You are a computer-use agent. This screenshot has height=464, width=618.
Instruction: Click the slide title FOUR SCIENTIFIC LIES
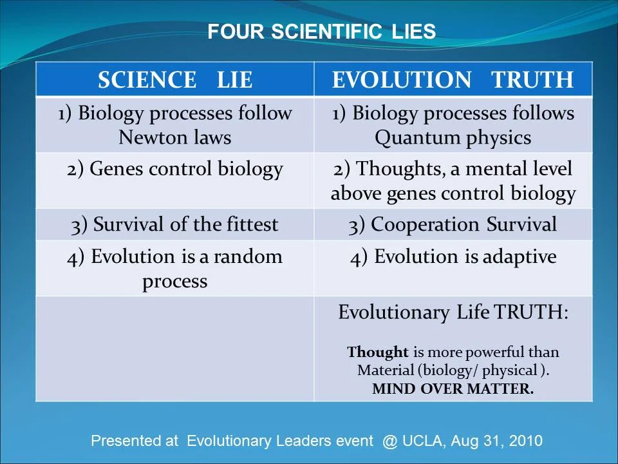(x=321, y=32)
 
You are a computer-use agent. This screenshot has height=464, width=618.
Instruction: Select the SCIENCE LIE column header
(x=174, y=80)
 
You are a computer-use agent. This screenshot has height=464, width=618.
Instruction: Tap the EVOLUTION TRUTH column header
(x=453, y=80)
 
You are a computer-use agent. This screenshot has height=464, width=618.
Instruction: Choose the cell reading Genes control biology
(x=174, y=169)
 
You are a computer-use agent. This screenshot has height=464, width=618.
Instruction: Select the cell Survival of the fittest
(x=174, y=224)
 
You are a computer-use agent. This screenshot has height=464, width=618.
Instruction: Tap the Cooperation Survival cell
(x=453, y=224)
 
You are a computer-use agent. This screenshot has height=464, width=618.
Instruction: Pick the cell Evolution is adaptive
(x=453, y=256)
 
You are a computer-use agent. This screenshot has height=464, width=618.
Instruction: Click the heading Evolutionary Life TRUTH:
(x=453, y=313)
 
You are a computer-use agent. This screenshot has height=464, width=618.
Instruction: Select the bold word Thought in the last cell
(x=378, y=353)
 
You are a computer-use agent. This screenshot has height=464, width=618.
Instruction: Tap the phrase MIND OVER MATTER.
(x=453, y=389)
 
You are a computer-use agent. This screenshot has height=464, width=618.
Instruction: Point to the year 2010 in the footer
(x=525, y=441)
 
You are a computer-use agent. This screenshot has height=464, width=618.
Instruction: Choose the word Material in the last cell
(x=385, y=371)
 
